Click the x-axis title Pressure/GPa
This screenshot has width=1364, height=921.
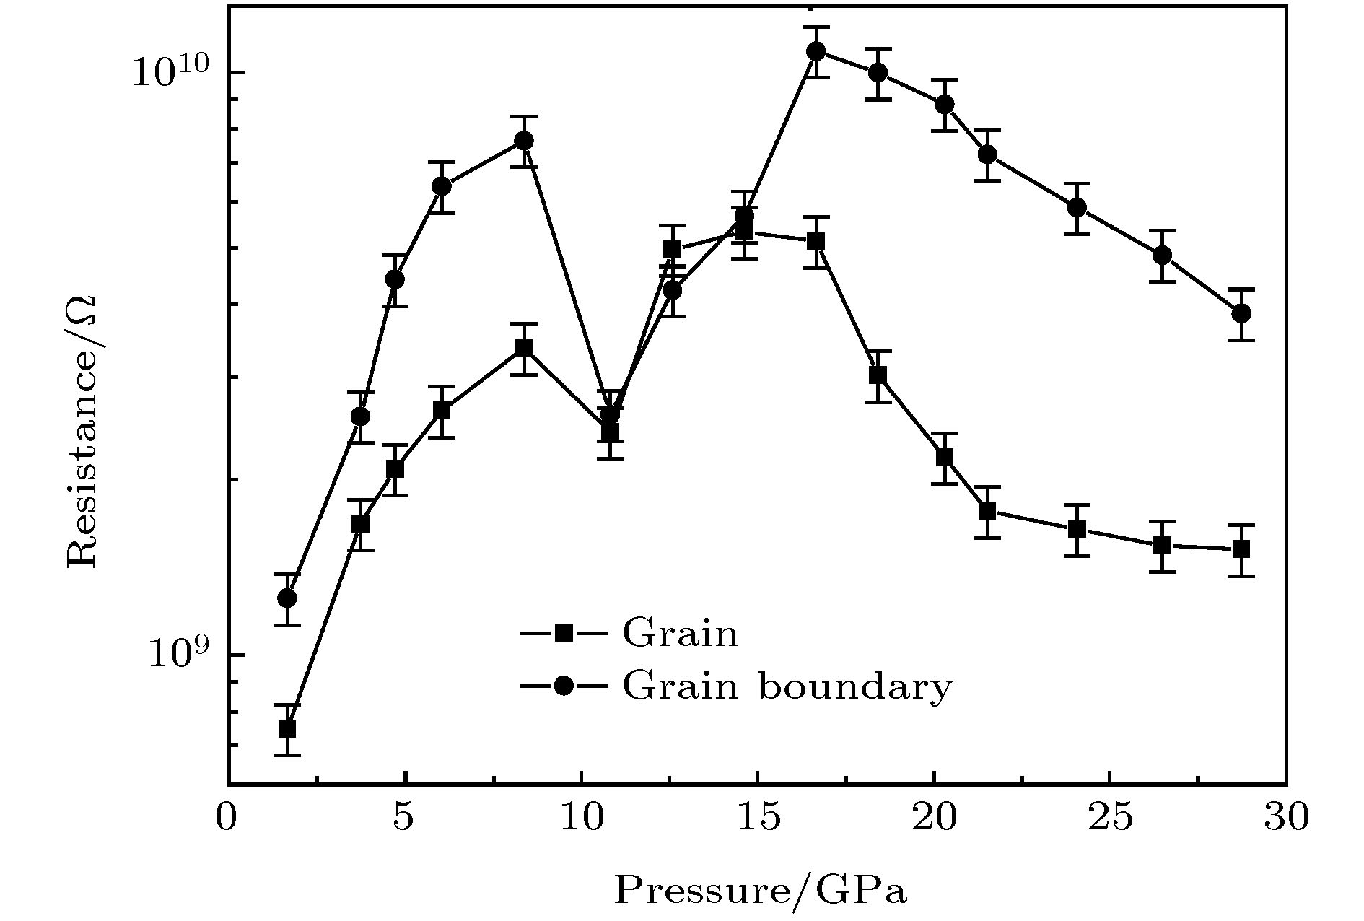760,891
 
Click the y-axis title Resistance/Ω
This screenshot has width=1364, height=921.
82,432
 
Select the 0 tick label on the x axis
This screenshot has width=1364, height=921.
227,819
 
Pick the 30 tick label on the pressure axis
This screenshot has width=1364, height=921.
1285,819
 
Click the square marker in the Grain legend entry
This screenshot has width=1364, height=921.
563,634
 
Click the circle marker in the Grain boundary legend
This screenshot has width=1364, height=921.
563,686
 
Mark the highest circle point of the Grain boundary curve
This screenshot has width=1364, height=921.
816,51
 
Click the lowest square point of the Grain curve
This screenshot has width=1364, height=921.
287,729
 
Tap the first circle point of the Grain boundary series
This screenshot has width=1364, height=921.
287,598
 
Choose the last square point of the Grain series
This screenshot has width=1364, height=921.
1241,549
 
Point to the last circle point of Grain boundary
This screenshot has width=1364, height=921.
1241,313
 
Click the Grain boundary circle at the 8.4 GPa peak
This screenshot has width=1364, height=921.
525,141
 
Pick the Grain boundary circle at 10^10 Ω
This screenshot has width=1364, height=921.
878,73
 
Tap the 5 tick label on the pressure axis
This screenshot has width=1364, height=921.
403,819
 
